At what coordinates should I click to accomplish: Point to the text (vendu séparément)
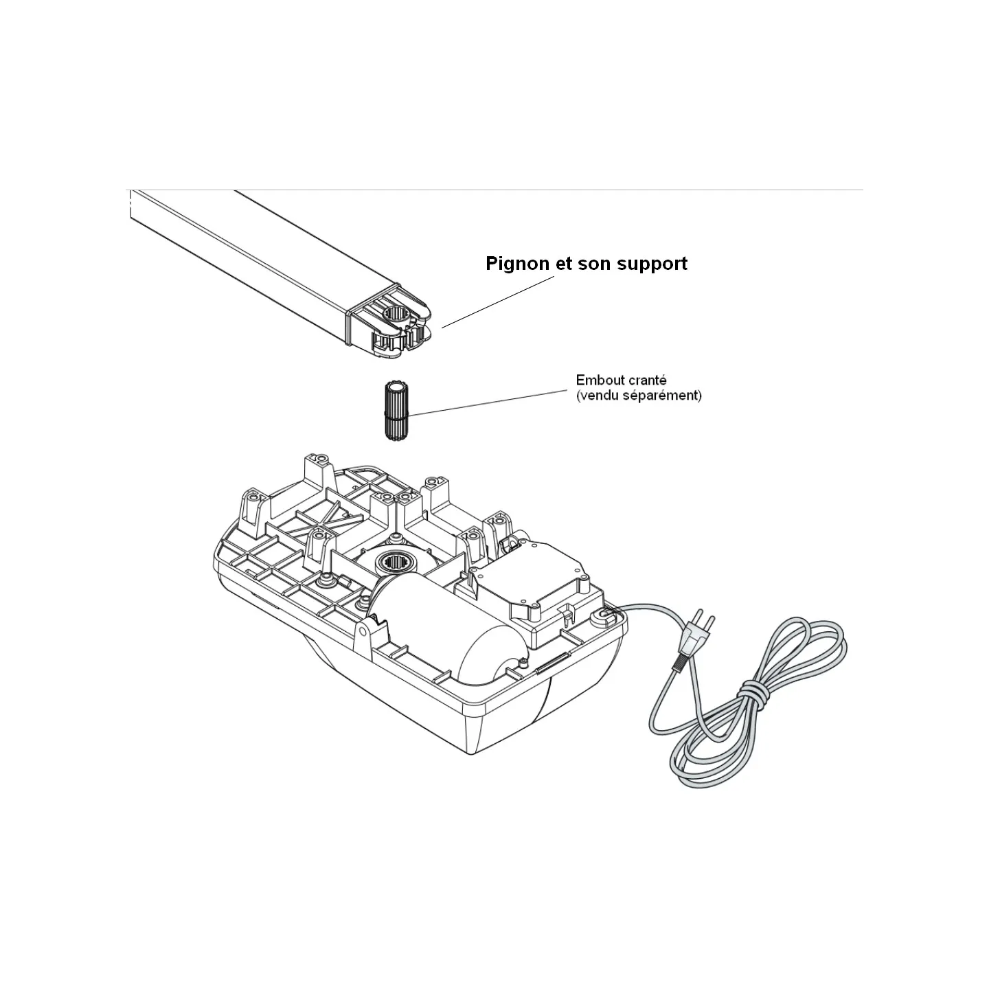(x=639, y=396)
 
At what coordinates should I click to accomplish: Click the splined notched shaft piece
(x=396, y=411)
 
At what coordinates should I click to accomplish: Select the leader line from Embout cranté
(x=488, y=402)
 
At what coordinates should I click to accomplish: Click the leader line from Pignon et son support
(x=498, y=302)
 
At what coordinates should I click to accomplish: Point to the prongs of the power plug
(x=704, y=621)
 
